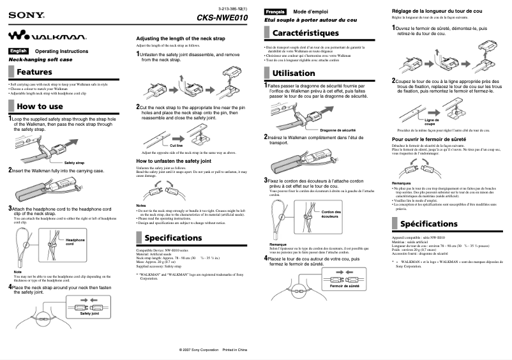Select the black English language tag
(x=19, y=50)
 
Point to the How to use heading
(x=41, y=107)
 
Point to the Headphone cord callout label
(x=75, y=242)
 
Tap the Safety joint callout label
(x=89, y=313)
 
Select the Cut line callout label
(x=176, y=146)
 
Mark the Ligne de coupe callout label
(x=432, y=122)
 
